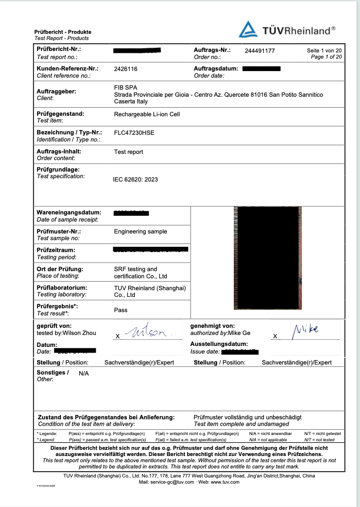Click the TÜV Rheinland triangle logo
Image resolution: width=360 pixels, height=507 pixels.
click(248, 30)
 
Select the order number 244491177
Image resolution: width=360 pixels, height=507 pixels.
click(260, 51)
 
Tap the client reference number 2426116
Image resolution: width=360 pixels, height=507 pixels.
click(126, 69)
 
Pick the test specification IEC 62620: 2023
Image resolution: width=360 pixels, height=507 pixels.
click(135, 180)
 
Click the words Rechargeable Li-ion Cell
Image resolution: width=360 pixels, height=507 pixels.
click(147, 114)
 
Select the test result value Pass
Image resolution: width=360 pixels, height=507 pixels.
click(121, 310)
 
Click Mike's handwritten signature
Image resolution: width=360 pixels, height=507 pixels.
click(306, 329)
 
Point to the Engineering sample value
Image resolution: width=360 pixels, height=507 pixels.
click(140, 232)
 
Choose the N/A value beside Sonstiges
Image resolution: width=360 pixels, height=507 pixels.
click(84, 374)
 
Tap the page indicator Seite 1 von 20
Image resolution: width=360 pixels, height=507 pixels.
click(324, 51)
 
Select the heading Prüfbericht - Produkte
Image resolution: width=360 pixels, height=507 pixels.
click(63, 32)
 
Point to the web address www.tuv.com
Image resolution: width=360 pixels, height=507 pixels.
click(225, 482)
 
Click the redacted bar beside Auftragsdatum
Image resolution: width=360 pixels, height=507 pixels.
click(261, 69)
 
